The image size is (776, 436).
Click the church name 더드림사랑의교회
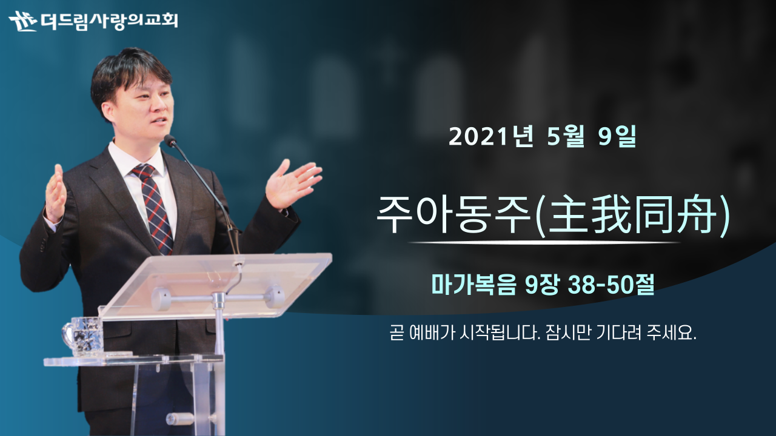point(109,21)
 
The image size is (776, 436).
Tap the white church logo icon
point(23,21)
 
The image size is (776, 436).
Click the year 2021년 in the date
point(491,137)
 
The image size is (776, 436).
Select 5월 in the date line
point(566,137)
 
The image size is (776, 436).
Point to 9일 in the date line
point(617,137)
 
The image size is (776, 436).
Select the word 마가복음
point(473,285)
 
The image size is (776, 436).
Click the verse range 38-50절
point(610,285)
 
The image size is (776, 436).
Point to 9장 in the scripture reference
point(542,285)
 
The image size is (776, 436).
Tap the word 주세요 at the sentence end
point(671,333)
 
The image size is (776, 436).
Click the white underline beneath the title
point(544,243)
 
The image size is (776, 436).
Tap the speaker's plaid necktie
point(155,208)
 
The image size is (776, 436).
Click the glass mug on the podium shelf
point(84,336)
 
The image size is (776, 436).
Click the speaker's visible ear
point(108,113)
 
